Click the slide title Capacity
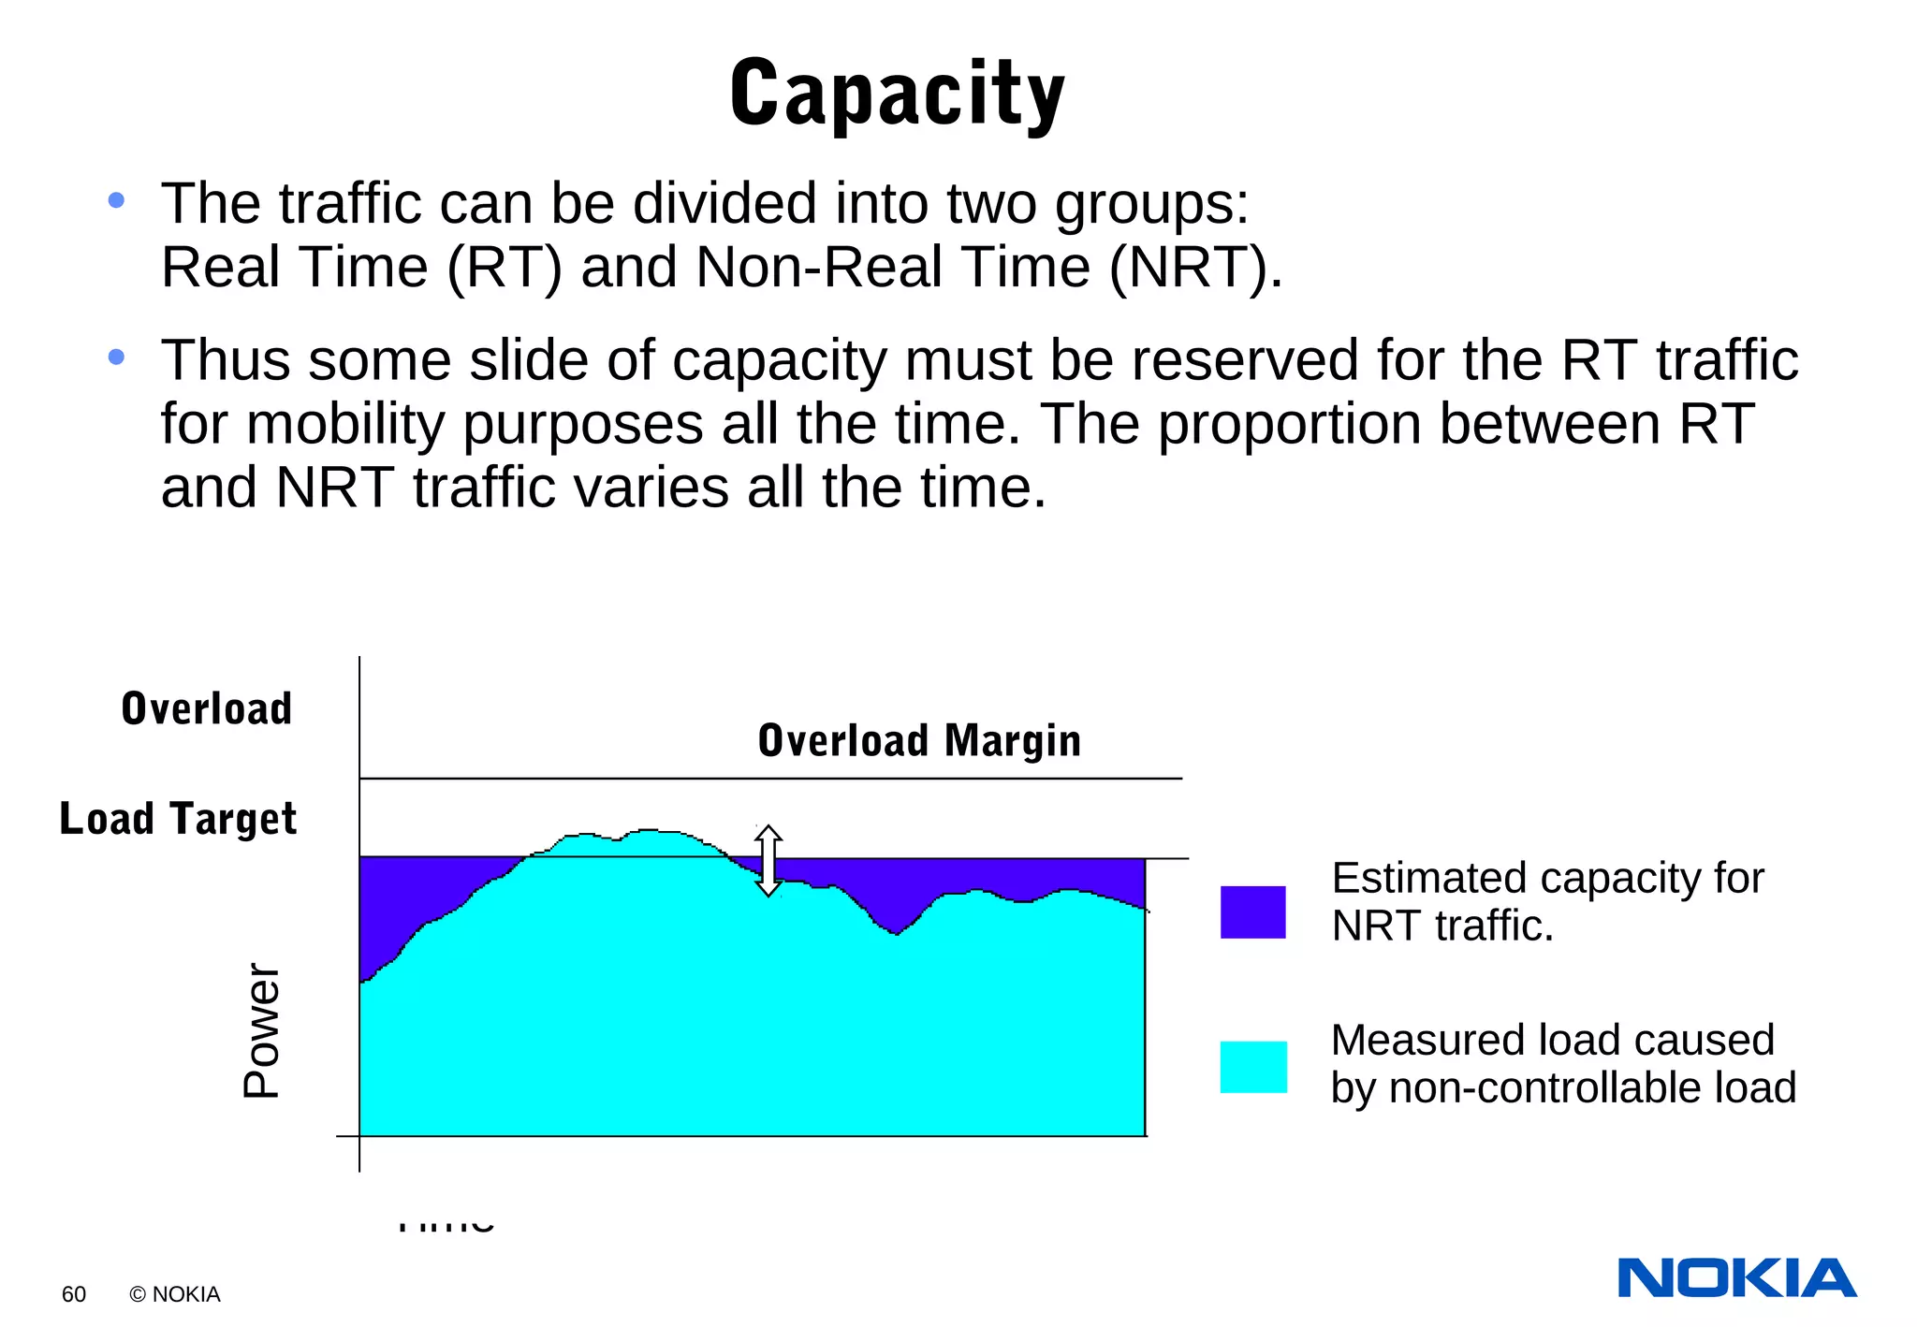tap(897, 94)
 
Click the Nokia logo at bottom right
tap(1736, 1278)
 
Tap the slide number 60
tap(73, 1294)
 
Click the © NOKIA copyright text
tap(175, 1294)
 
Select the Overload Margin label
tap(918, 740)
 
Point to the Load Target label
tap(178, 819)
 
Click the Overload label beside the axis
tap(207, 708)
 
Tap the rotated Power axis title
tap(261, 1029)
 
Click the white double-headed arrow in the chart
tap(768, 860)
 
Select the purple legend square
tap(1252, 911)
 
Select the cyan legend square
tap(1252, 1067)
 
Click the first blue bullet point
tap(116, 200)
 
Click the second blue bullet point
tap(116, 357)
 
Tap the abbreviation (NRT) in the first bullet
tap(1194, 268)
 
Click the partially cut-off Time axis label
tap(446, 1223)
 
